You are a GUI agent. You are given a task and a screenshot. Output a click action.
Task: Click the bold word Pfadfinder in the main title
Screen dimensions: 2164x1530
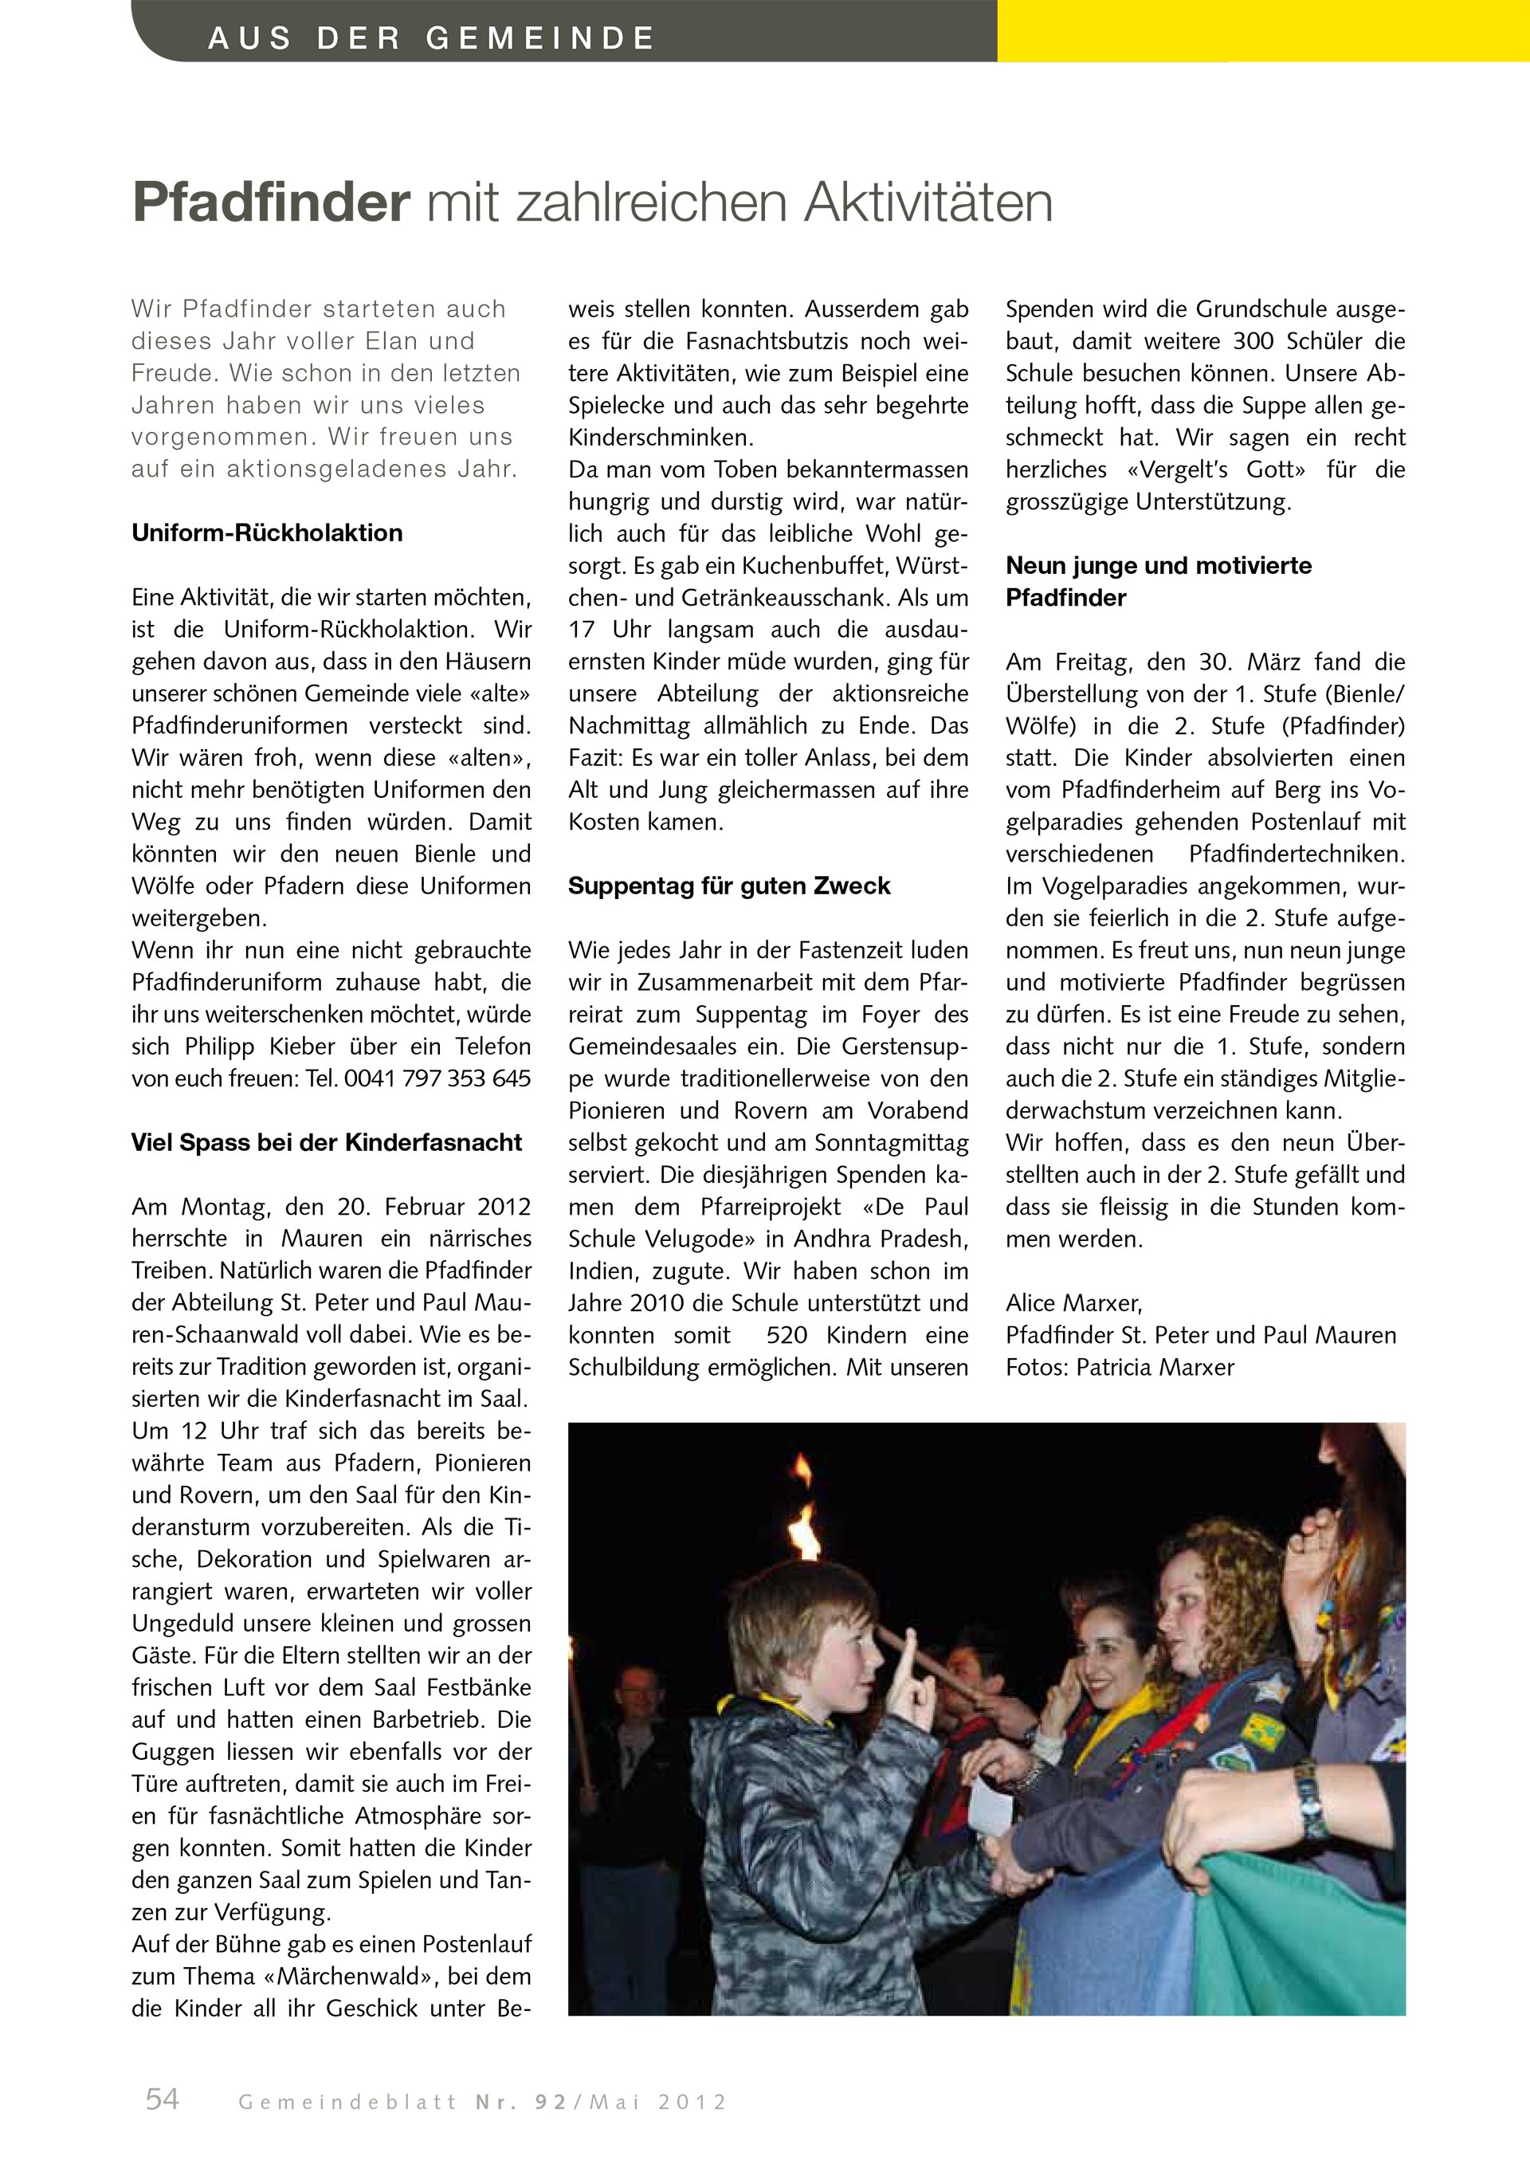pyautogui.click(x=271, y=202)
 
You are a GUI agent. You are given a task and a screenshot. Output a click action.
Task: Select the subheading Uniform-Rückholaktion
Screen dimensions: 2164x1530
pyautogui.click(x=267, y=533)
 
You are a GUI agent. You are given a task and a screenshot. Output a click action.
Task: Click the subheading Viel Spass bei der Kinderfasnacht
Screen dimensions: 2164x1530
pyautogui.click(x=326, y=1143)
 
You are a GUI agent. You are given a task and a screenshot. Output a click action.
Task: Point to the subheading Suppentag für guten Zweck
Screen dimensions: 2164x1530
pyautogui.click(x=728, y=886)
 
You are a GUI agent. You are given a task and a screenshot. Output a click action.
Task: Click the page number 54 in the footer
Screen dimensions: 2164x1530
pyautogui.click(x=162, y=2099)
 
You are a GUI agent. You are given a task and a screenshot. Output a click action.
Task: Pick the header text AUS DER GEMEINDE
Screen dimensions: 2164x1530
pyautogui.click(x=430, y=38)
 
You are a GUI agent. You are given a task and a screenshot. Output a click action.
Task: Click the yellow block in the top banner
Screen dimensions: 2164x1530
pyautogui.click(x=1262, y=31)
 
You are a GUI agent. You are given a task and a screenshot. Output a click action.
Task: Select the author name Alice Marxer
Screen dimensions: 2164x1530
pyautogui.click(x=1073, y=1303)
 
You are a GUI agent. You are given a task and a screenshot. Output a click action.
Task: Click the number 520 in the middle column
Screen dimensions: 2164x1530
pyautogui.click(x=787, y=1336)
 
